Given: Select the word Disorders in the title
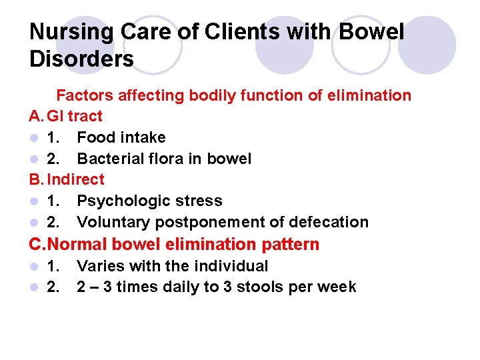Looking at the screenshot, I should [x=81, y=59].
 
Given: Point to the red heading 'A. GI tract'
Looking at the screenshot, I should [x=66, y=116].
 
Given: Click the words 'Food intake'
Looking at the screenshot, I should [x=121, y=137].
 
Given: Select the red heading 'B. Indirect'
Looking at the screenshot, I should [x=67, y=179].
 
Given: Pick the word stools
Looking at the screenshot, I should [x=265, y=287].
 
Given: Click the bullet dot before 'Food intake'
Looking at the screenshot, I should [x=34, y=138].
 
